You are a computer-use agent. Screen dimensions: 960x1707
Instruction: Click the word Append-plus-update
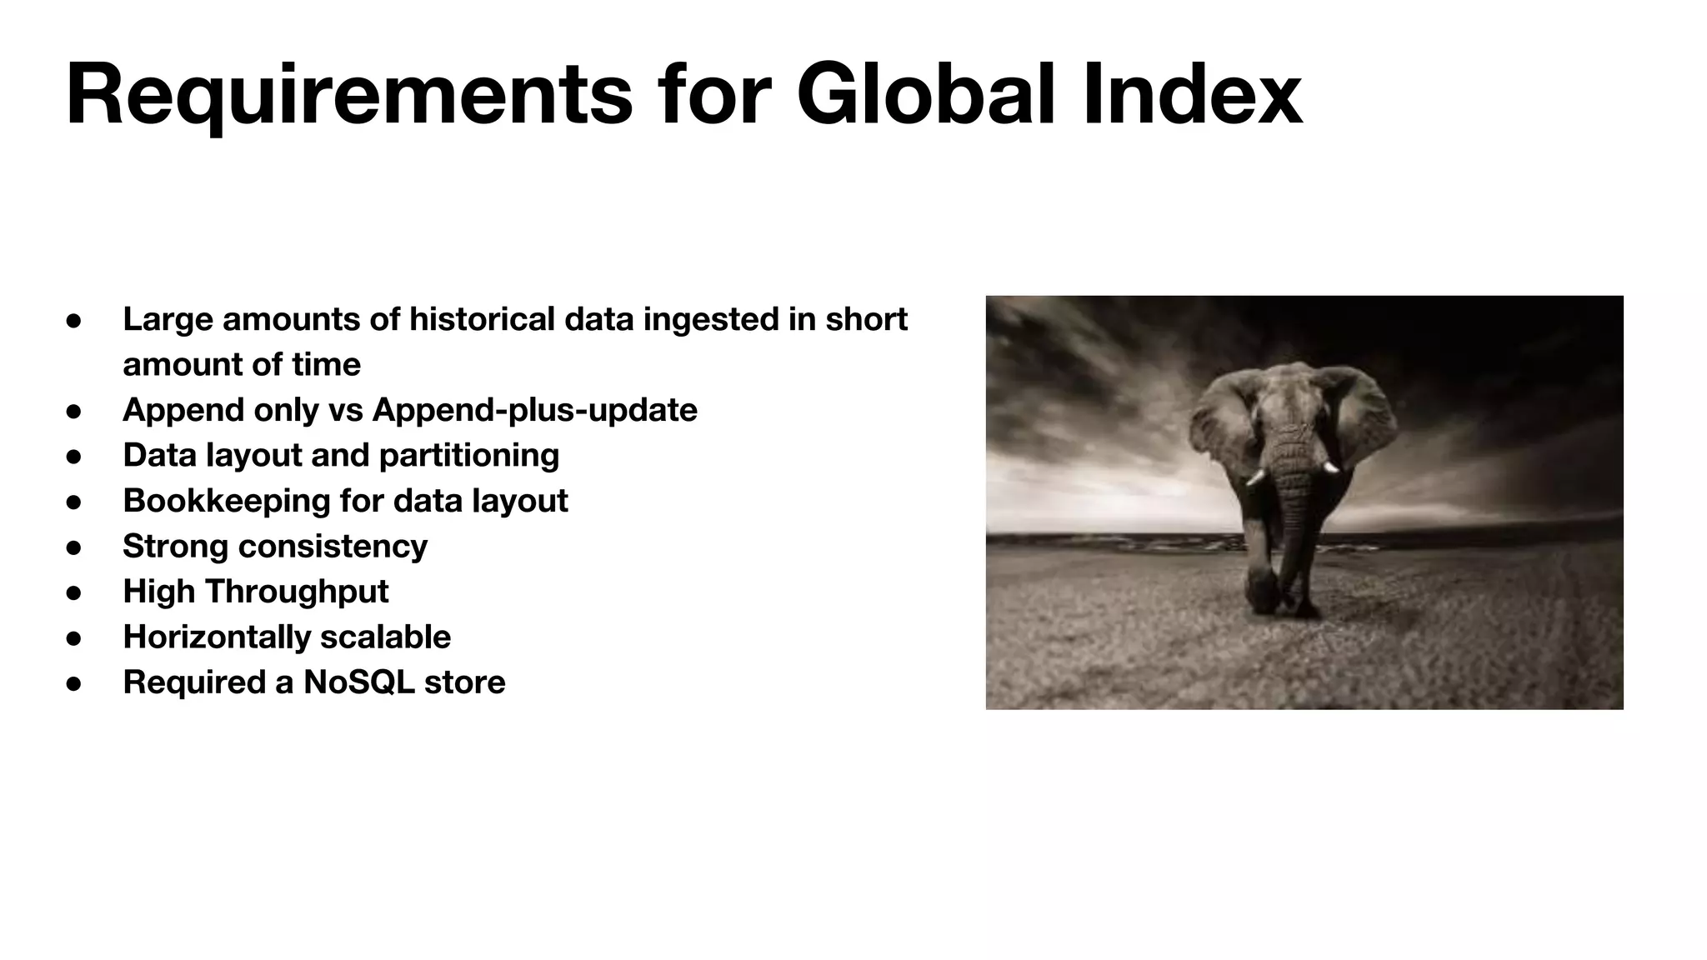click(x=534, y=410)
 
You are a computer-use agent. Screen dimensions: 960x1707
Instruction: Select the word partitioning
click(x=468, y=456)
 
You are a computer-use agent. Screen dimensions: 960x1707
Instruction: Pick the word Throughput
click(x=297, y=592)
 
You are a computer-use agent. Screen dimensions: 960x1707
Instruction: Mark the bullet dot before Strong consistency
click(x=73, y=547)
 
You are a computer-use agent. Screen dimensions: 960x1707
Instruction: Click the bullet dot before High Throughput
click(x=73, y=592)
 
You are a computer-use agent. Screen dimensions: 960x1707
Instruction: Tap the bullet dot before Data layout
click(x=73, y=457)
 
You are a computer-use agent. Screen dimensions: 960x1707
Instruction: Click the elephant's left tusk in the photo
click(x=1254, y=477)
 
